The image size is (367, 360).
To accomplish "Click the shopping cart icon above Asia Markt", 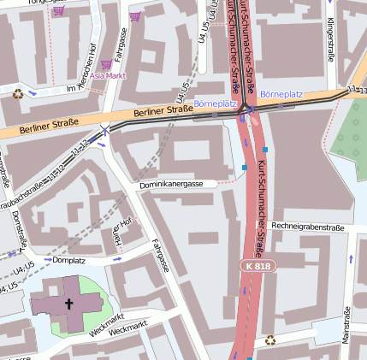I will click(106, 63).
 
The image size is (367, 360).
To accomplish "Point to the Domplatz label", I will click(68, 259).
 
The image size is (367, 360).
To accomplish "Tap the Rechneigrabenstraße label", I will click(307, 227).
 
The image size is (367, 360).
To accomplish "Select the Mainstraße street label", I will click(346, 328).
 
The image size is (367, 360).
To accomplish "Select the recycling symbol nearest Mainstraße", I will click(270, 340).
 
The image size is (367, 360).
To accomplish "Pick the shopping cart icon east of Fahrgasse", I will click(135, 15).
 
